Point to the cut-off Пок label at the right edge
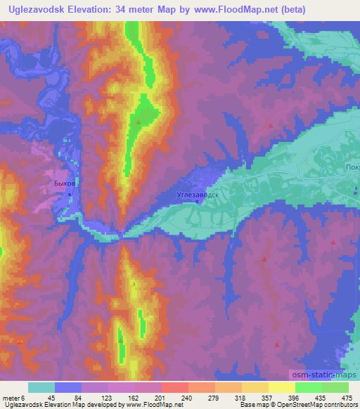(x=352, y=167)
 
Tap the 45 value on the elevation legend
(x=51, y=398)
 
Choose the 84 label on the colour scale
(x=78, y=398)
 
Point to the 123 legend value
(x=105, y=398)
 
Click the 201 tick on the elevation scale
(x=160, y=398)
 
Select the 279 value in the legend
(x=215, y=398)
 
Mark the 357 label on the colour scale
(x=270, y=398)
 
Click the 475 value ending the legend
(x=347, y=398)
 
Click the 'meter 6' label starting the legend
(x=15, y=398)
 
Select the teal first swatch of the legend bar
(x=41, y=387)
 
